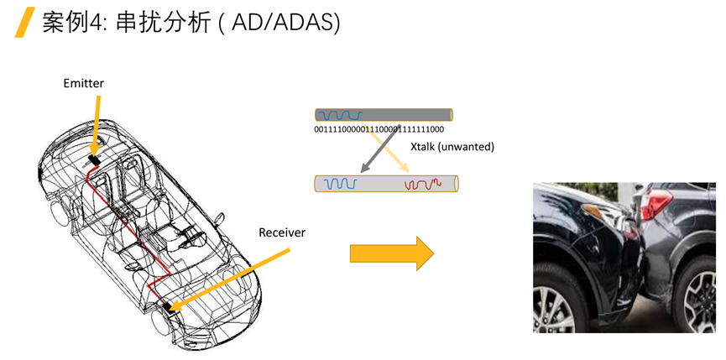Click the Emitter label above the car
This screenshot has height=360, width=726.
(x=83, y=82)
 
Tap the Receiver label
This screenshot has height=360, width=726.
(x=282, y=231)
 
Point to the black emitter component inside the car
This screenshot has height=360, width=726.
(x=93, y=158)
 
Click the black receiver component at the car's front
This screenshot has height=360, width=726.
(x=172, y=307)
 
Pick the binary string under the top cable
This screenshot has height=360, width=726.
(x=379, y=130)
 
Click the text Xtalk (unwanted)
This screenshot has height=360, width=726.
(x=452, y=147)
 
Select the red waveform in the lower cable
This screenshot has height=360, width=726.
(x=424, y=183)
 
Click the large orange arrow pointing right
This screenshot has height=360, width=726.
(x=390, y=253)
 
